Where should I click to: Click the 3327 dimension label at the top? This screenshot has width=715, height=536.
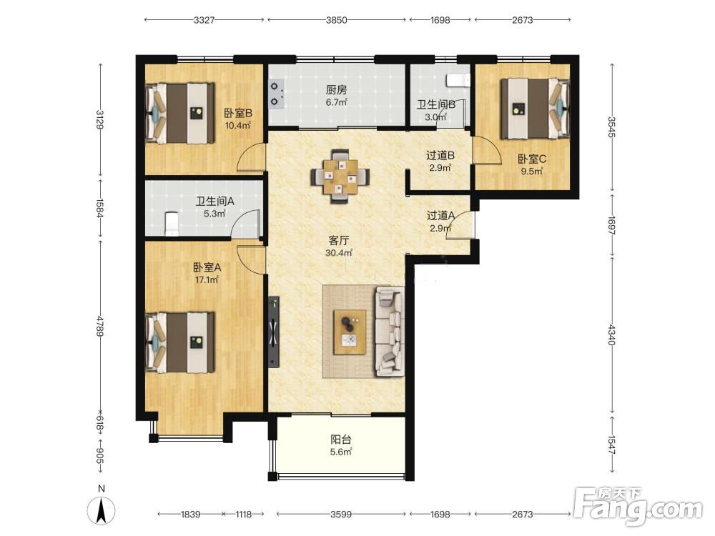click(204, 19)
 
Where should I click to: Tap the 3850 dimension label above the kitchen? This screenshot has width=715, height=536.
click(337, 19)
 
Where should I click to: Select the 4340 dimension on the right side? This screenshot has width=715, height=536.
click(611, 334)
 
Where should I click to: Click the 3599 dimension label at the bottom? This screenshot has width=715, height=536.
click(341, 514)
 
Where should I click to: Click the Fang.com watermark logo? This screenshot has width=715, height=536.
click(638, 505)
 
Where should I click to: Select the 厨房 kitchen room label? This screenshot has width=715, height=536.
click(336, 90)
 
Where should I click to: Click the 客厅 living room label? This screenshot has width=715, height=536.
click(339, 240)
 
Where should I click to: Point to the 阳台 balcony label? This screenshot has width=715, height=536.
click(340, 440)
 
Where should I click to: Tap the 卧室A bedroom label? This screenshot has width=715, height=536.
click(207, 267)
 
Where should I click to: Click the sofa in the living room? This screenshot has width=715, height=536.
click(389, 332)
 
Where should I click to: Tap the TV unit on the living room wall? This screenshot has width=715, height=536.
click(274, 332)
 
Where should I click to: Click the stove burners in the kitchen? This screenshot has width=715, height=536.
click(275, 94)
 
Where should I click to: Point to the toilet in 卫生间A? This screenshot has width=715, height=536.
click(171, 223)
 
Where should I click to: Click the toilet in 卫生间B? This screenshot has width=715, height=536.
click(458, 80)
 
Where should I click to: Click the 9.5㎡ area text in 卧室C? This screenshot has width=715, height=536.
click(532, 172)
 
